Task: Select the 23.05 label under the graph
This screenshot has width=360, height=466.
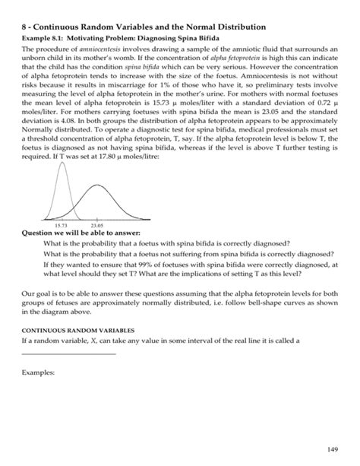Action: tap(97, 226)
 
